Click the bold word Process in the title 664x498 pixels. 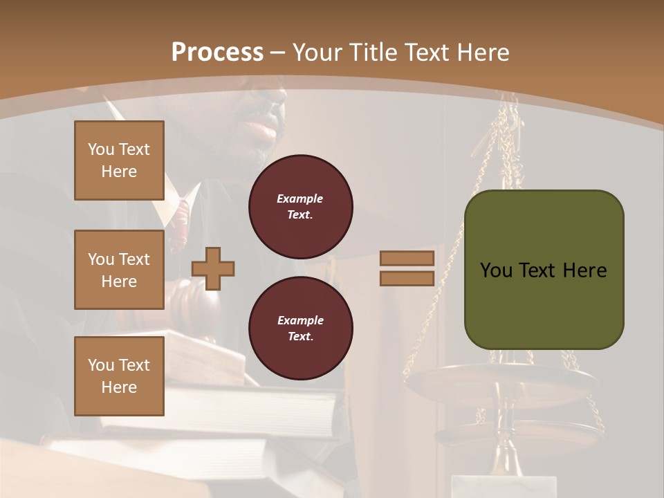tap(217, 52)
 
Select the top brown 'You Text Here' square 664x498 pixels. tap(119, 160)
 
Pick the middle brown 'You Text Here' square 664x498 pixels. tap(119, 270)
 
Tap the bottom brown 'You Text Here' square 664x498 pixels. tap(119, 376)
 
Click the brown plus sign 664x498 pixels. tap(213, 268)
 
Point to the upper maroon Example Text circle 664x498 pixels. tap(300, 207)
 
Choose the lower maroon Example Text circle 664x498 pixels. tap(300, 329)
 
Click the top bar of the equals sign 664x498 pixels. tap(407, 259)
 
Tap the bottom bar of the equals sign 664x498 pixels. tap(407, 279)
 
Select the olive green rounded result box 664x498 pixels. tap(544, 270)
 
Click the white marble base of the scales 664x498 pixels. tap(504, 486)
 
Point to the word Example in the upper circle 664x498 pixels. tap(300, 199)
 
